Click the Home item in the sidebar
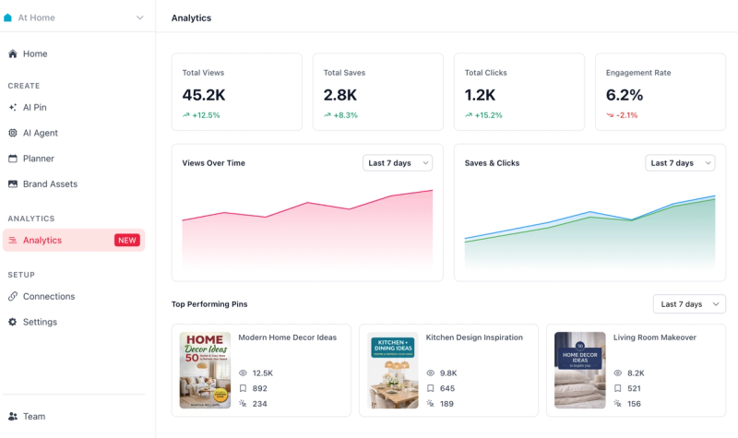click(x=35, y=53)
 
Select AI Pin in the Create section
click(x=34, y=107)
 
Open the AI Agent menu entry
click(x=40, y=133)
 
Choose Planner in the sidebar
click(x=38, y=159)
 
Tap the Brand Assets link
click(x=50, y=183)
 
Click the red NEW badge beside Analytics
click(x=126, y=240)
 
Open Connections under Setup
click(x=49, y=296)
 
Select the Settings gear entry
click(x=40, y=322)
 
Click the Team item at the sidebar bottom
click(x=34, y=416)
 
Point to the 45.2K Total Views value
click(x=204, y=94)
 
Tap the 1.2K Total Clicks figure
click(x=480, y=94)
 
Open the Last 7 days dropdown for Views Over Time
click(x=398, y=163)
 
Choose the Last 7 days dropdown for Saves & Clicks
click(x=680, y=163)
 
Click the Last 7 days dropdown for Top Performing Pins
click(x=688, y=303)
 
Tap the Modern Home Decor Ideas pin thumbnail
click(x=205, y=370)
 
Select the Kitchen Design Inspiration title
click(x=474, y=337)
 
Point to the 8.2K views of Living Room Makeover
click(x=636, y=373)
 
